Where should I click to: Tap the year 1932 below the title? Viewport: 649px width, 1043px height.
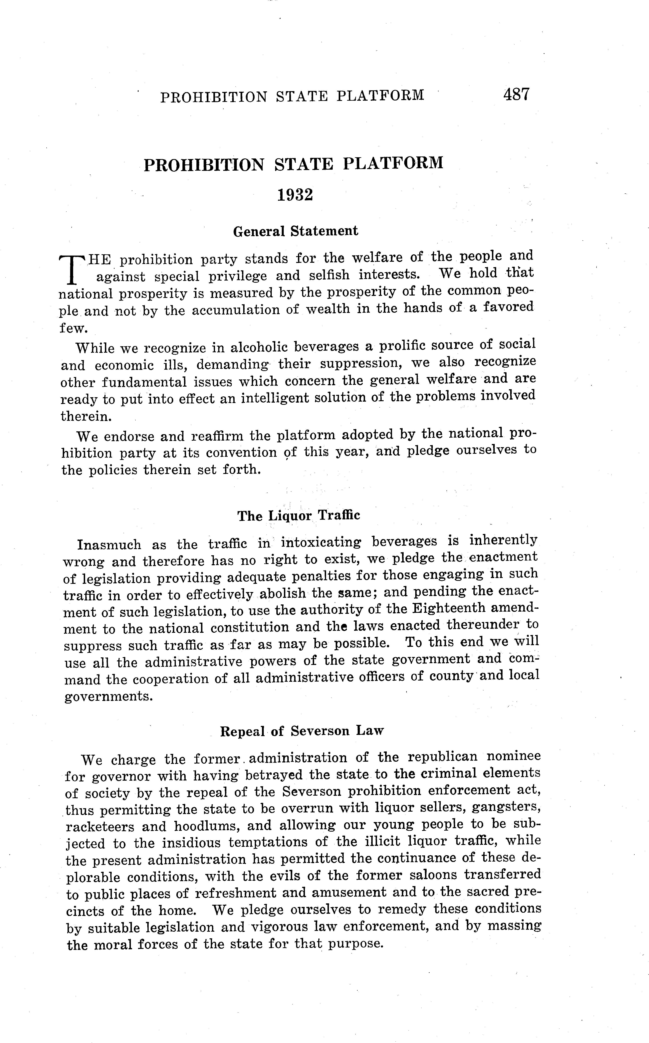coord(295,195)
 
